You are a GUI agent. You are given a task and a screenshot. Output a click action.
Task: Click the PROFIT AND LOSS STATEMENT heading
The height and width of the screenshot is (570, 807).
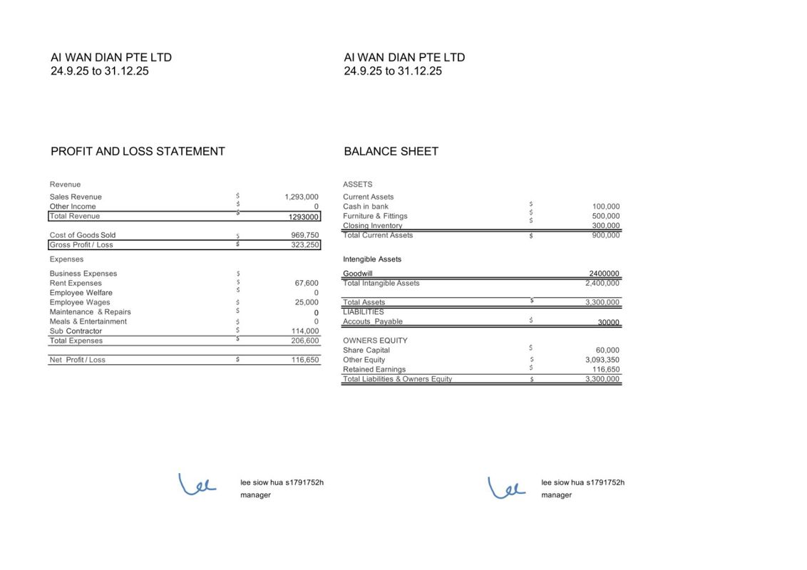point(138,151)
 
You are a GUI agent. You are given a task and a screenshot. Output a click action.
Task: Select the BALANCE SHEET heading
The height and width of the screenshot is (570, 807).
point(391,151)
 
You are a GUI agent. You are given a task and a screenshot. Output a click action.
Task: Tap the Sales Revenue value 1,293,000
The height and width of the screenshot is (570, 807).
point(301,197)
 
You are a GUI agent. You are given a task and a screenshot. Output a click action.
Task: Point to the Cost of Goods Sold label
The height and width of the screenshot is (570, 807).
point(82,235)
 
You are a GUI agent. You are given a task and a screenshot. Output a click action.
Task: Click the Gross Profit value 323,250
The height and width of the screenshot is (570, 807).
point(304,245)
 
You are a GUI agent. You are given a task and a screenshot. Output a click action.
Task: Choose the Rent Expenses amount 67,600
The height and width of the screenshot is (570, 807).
point(307,284)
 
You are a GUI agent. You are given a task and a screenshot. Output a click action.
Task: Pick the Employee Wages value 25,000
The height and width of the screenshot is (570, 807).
point(307,303)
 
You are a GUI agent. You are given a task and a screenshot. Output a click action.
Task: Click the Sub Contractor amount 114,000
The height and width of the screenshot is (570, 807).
point(305,331)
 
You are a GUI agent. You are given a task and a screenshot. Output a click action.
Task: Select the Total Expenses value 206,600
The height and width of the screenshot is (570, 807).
point(305,341)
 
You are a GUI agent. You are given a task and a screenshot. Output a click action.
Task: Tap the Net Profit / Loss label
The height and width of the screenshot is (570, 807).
point(77,360)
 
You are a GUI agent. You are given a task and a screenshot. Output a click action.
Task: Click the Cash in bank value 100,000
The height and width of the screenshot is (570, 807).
point(605,207)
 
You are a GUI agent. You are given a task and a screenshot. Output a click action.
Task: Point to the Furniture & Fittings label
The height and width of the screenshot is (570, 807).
point(375,216)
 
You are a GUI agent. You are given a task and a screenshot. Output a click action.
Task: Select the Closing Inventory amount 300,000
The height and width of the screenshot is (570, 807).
point(605,226)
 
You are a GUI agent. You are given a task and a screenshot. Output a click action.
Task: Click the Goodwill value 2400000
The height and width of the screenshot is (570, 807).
point(604,274)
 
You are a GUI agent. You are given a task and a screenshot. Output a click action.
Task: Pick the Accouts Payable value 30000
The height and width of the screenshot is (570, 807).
point(608,323)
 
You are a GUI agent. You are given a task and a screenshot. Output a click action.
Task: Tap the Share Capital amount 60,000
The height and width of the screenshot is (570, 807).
point(607,351)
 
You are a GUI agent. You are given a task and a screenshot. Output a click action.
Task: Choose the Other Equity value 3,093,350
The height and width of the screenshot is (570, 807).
point(602,360)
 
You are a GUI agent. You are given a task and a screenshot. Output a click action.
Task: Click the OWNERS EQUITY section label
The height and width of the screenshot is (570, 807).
point(375,341)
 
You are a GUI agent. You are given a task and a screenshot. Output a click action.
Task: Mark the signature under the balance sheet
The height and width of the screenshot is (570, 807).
point(506,487)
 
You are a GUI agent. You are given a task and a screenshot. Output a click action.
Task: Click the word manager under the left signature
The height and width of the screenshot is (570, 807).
point(255,495)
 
